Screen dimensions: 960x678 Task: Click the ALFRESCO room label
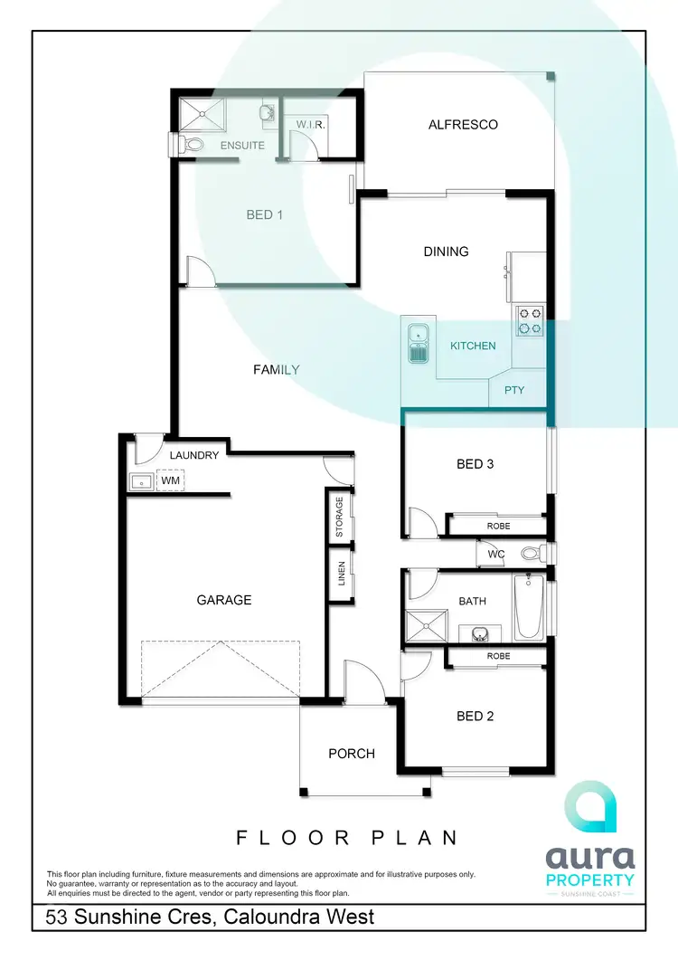pyautogui.click(x=463, y=124)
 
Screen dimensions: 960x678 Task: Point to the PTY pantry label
pyautogui.click(x=513, y=390)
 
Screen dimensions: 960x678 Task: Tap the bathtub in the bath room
pyautogui.click(x=529, y=605)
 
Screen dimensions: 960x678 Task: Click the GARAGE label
pyautogui.click(x=224, y=600)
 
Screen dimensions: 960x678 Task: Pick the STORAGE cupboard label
pyautogui.click(x=340, y=517)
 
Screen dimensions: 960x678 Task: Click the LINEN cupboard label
pyautogui.click(x=342, y=575)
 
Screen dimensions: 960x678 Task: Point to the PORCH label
pyautogui.click(x=351, y=753)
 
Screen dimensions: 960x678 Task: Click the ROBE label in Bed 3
pyautogui.click(x=498, y=525)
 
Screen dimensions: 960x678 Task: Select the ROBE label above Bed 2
pyautogui.click(x=498, y=656)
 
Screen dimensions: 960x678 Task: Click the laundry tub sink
pyautogui.click(x=142, y=481)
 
